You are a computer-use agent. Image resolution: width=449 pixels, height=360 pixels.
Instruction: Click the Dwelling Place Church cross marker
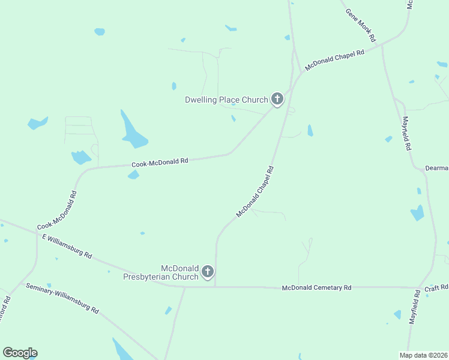277,98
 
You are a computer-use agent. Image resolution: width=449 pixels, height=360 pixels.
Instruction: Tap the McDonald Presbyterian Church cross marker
208,272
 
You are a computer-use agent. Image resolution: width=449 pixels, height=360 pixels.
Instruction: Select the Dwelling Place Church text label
226,100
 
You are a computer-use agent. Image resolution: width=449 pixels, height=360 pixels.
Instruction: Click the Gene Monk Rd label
361,25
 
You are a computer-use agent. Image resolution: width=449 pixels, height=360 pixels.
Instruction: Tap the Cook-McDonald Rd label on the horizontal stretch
160,162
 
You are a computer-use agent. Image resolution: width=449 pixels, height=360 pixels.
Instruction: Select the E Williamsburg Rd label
67,246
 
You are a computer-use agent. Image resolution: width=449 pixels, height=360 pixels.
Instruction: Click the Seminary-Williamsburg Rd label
62,298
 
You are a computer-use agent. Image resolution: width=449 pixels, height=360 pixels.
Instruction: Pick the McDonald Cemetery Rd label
316,288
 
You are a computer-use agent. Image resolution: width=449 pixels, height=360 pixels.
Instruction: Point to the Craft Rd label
432,289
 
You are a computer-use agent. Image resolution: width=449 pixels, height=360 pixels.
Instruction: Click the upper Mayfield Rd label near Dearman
406,133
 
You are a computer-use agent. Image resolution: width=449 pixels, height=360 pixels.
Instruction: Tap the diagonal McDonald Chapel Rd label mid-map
255,192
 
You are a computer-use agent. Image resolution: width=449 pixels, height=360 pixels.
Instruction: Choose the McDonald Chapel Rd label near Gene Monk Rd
334,61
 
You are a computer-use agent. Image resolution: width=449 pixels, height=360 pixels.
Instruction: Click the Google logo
20,353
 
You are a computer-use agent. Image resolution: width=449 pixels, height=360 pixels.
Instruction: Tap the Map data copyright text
423,355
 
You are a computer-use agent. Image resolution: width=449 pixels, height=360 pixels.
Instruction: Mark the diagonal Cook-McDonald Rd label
58,211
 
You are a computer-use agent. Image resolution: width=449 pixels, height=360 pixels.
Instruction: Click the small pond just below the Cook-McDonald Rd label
133,175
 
